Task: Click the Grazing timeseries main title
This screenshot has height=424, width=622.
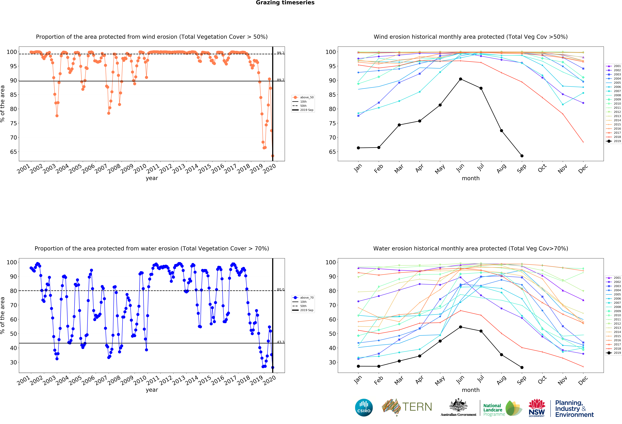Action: pyautogui.click(x=285, y=3)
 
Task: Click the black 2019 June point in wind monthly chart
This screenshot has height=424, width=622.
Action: pyautogui.click(x=460, y=79)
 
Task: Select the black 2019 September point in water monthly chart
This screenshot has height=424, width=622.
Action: pyautogui.click(x=522, y=368)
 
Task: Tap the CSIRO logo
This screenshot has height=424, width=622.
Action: pyautogui.click(x=364, y=408)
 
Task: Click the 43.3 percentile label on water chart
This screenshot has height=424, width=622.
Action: pyautogui.click(x=280, y=342)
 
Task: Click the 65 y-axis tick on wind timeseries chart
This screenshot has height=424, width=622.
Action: pyautogui.click(x=13, y=152)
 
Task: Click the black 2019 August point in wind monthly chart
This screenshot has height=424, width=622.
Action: pyautogui.click(x=501, y=131)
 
